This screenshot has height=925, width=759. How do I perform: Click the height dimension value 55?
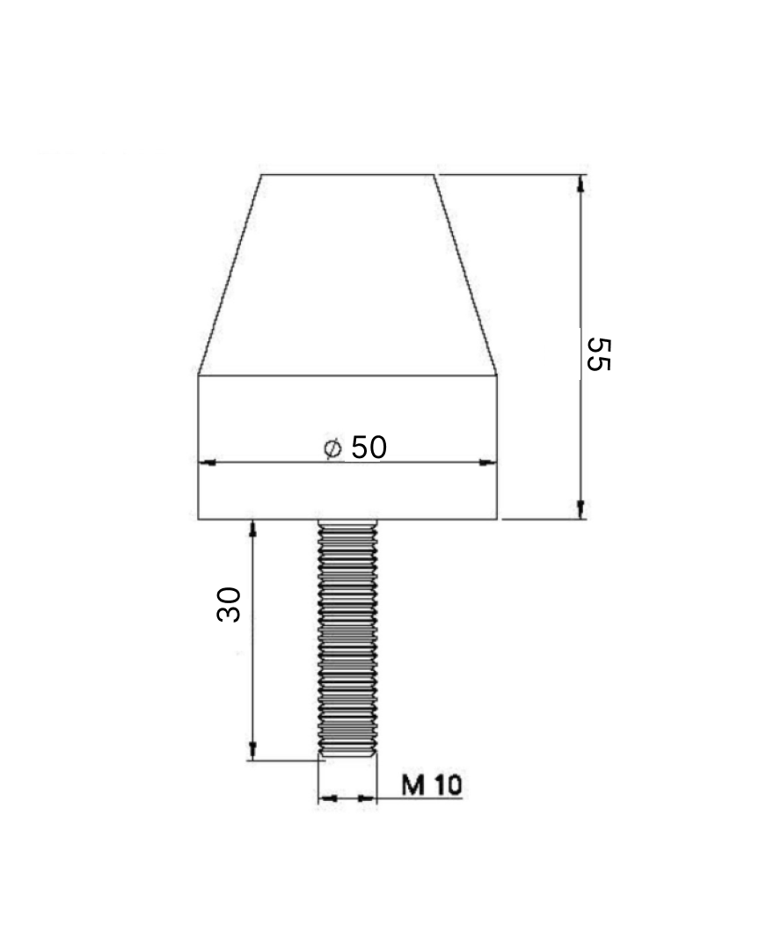tap(598, 354)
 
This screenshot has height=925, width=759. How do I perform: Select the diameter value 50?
tap(369, 448)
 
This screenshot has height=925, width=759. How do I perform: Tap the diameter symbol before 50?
tap(332, 448)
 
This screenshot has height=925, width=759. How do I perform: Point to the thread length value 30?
tap(229, 604)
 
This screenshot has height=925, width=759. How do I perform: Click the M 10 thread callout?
tap(432, 785)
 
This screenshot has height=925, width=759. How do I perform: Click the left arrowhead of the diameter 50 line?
tap(208, 462)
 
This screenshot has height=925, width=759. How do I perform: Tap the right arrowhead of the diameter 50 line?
tap(487, 462)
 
